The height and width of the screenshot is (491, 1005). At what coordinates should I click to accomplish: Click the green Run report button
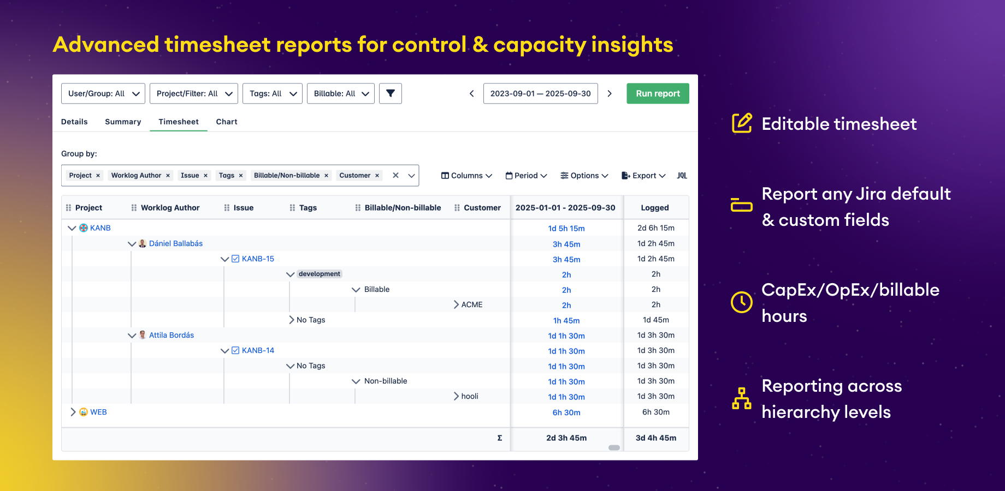pos(658,93)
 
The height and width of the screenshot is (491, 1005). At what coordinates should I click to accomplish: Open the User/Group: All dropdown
pos(103,93)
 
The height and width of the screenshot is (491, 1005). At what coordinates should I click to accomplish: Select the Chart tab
pos(226,122)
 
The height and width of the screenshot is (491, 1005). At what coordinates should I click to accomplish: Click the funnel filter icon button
pos(391,93)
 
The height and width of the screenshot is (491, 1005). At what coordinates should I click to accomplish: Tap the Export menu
pos(643,176)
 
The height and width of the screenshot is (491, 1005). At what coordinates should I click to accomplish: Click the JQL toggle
pos(682,176)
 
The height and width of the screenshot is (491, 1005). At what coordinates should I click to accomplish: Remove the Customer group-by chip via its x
pos(377,176)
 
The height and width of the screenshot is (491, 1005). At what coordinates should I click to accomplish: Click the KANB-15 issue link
pos(258,259)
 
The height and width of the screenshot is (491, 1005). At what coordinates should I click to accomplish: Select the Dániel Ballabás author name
pos(175,243)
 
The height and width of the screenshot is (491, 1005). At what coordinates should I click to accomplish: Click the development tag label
pos(320,274)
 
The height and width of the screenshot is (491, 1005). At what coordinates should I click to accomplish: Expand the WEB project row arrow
pos(73,412)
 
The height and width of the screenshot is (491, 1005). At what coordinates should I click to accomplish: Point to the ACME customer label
pos(472,304)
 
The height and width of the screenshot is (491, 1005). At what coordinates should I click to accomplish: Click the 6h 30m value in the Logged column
pos(655,412)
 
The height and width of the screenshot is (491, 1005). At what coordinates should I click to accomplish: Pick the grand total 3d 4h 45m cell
pos(655,438)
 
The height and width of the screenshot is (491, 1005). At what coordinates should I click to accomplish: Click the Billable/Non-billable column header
pos(403,208)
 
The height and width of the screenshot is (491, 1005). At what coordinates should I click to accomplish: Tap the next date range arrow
pos(610,93)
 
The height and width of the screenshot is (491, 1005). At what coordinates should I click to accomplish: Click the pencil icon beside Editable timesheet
pos(742,123)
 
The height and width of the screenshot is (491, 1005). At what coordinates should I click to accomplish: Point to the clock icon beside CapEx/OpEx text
pos(742,302)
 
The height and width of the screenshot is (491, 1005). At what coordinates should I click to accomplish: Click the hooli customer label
pos(470,396)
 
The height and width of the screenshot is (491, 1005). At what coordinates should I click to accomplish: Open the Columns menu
pos(466,176)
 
